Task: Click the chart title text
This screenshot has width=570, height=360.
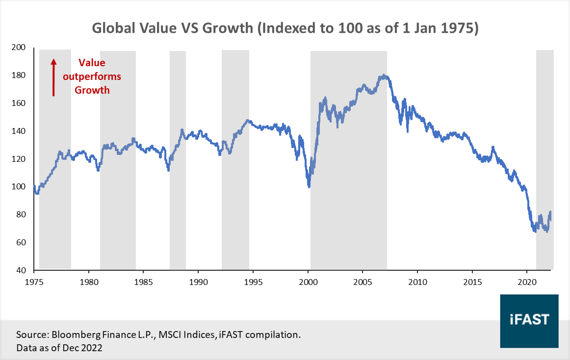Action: click(285, 28)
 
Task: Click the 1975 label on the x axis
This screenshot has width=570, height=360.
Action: click(34, 283)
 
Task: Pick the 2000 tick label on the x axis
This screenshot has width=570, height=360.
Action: click(308, 283)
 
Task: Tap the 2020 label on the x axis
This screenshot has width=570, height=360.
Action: click(527, 283)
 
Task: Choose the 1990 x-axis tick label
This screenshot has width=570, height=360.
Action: click(198, 283)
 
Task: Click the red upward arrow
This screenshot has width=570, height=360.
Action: click(54, 77)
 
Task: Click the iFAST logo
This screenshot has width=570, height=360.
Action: click(529, 320)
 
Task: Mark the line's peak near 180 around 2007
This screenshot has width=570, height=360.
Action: click(383, 76)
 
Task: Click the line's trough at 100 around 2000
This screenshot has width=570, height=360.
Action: click(309, 186)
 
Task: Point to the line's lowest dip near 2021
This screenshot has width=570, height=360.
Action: click(534, 231)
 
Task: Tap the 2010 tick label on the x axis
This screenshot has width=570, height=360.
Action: click(417, 283)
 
